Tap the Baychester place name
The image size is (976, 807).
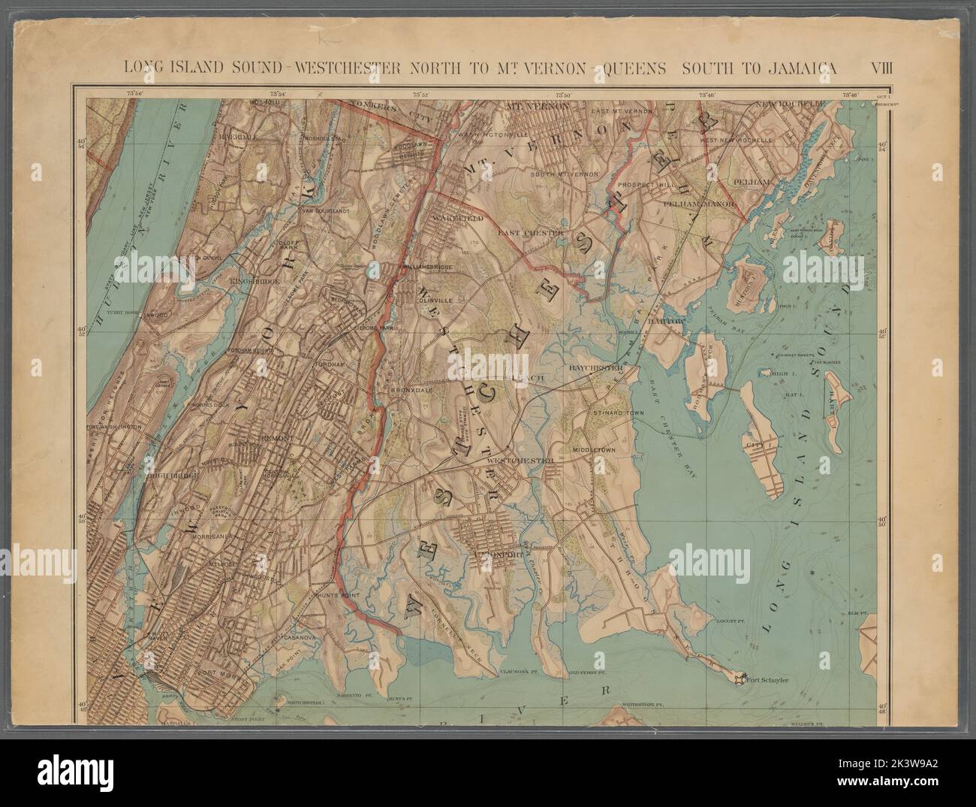point(597,368)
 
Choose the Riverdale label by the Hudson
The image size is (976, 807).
point(217,138)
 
